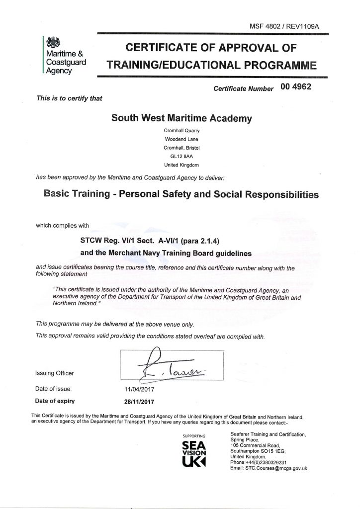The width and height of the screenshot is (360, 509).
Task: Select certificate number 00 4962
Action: [x=296, y=86]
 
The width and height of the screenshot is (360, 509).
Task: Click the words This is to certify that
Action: [x=70, y=98]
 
